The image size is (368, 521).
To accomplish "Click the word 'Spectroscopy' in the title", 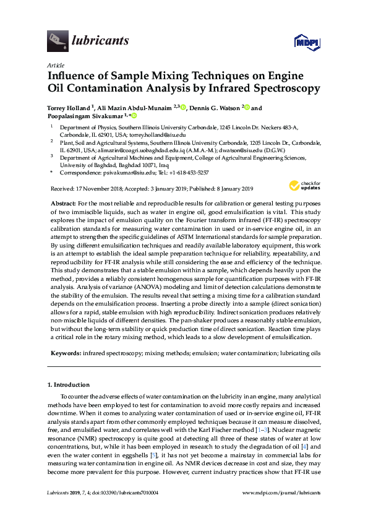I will pos(284,88).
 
